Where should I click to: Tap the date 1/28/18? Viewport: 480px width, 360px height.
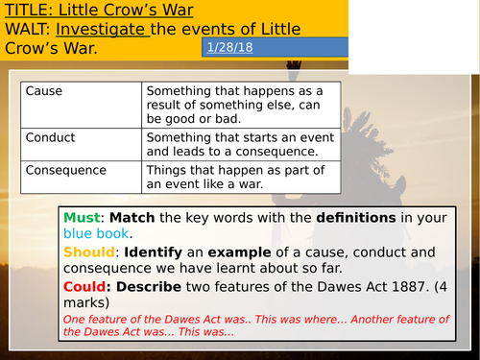pos(228,47)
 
